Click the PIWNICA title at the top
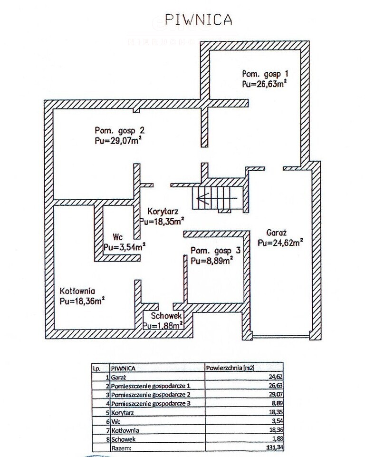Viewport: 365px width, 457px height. click(x=198, y=19)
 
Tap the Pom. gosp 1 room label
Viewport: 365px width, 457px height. click(x=265, y=74)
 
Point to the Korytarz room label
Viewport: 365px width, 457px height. click(x=163, y=211)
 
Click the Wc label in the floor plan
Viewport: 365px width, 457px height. click(x=118, y=237)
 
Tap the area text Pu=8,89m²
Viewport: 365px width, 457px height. click(x=212, y=261)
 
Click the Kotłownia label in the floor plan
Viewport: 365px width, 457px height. click(x=77, y=291)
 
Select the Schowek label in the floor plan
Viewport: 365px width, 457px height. click(x=166, y=316)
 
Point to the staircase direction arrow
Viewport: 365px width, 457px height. click(x=217, y=198)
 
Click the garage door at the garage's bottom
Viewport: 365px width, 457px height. click(x=281, y=337)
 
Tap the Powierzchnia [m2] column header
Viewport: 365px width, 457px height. click(x=230, y=368)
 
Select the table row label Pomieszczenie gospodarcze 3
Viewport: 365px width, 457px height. click(x=151, y=404)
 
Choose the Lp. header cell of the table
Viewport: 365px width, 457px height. click(x=96, y=369)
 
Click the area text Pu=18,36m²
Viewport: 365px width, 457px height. click(x=82, y=301)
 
